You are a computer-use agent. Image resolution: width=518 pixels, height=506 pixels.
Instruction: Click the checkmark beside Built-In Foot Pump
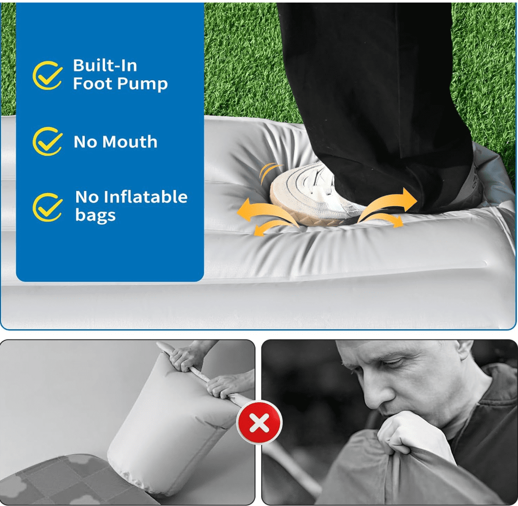point(47,75)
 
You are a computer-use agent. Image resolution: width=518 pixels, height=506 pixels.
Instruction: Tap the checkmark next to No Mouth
point(47,141)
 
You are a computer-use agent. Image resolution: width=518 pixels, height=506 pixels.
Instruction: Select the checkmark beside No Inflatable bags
point(47,207)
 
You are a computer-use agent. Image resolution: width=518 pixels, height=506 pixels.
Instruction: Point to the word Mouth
point(129,142)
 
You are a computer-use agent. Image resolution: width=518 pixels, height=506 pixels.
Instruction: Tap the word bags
point(95,216)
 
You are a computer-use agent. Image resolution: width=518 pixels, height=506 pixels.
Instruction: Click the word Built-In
point(105,66)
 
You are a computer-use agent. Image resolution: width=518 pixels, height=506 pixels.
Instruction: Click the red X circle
point(260,422)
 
